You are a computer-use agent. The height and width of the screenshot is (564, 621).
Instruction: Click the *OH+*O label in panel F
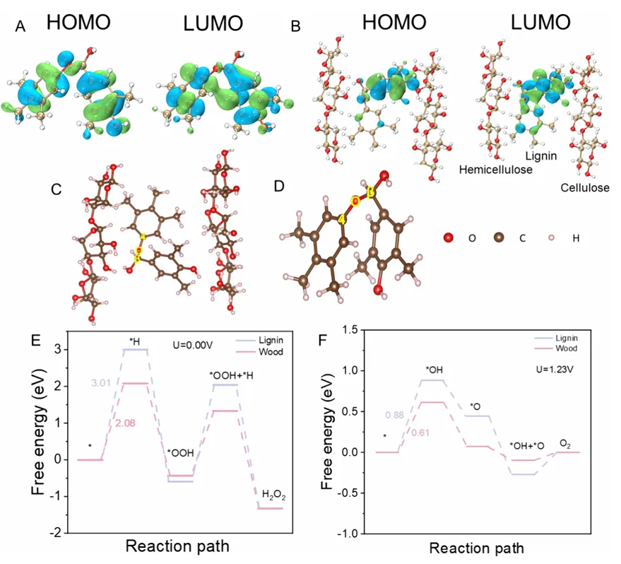point(526,446)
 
